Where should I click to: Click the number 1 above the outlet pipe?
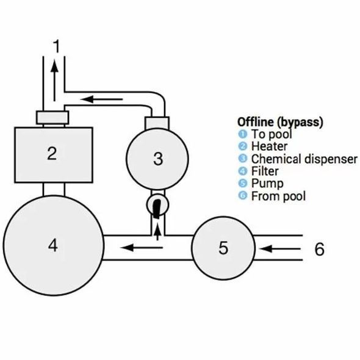tap(57, 46)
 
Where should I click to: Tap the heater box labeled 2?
tap(54, 155)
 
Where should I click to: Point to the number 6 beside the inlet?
tap(319, 249)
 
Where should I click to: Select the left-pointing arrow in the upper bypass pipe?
tap(101, 99)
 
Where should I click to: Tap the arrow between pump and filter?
tap(142, 248)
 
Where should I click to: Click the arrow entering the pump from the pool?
tap(280, 249)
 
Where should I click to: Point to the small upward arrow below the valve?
tap(157, 232)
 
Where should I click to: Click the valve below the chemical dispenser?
tap(157, 205)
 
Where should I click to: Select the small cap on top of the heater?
tap(52, 118)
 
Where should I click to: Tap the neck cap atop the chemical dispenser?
tap(157, 123)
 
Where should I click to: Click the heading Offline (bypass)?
tap(280, 122)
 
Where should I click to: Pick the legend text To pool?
tap(272, 134)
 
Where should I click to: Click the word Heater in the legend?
tap(269, 146)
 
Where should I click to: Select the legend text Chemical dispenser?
tap(304, 159)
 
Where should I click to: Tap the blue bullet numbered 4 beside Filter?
tap(243, 171)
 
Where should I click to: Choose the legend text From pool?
tap(278, 196)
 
